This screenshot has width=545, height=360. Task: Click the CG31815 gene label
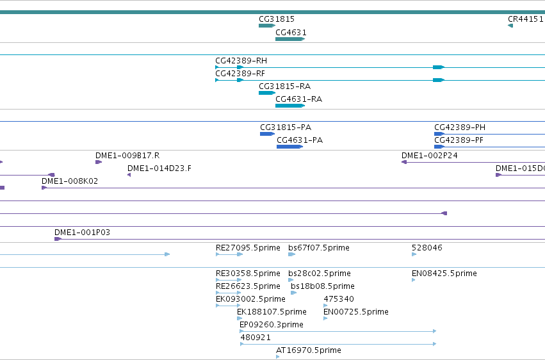pyautogui.click(x=277, y=19)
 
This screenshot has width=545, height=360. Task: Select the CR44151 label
pyautogui.click(x=526, y=19)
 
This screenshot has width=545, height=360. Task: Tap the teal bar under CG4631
pyautogui.click(x=290, y=39)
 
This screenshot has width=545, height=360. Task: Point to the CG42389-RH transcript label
pyautogui.click(x=241, y=61)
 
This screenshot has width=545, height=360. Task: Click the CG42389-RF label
pyautogui.click(x=240, y=74)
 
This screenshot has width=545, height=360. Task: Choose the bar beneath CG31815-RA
pyautogui.click(x=267, y=93)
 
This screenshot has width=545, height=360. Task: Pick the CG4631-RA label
pyautogui.click(x=299, y=99)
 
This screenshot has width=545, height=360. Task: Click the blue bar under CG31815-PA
pyautogui.click(x=267, y=134)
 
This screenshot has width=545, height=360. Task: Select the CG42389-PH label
pyautogui.click(x=460, y=127)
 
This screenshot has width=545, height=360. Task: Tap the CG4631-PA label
pyautogui.click(x=300, y=140)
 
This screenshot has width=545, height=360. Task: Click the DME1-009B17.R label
pyautogui.click(x=127, y=156)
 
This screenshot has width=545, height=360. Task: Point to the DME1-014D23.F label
pyautogui.click(x=159, y=168)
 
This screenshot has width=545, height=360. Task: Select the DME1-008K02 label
pyautogui.click(x=70, y=181)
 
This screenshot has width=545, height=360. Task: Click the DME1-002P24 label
pyautogui.click(x=430, y=156)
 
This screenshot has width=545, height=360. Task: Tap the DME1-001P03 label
pyautogui.click(x=83, y=233)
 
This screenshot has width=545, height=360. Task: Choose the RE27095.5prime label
pyautogui.click(x=248, y=248)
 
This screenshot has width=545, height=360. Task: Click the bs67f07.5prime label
pyautogui.click(x=319, y=248)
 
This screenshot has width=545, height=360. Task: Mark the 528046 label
pyautogui.click(x=427, y=248)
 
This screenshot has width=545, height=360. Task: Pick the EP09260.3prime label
pyautogui.click(x=272, y=325)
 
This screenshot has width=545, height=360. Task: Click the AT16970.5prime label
pyautogui.click(x=309, y=350)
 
